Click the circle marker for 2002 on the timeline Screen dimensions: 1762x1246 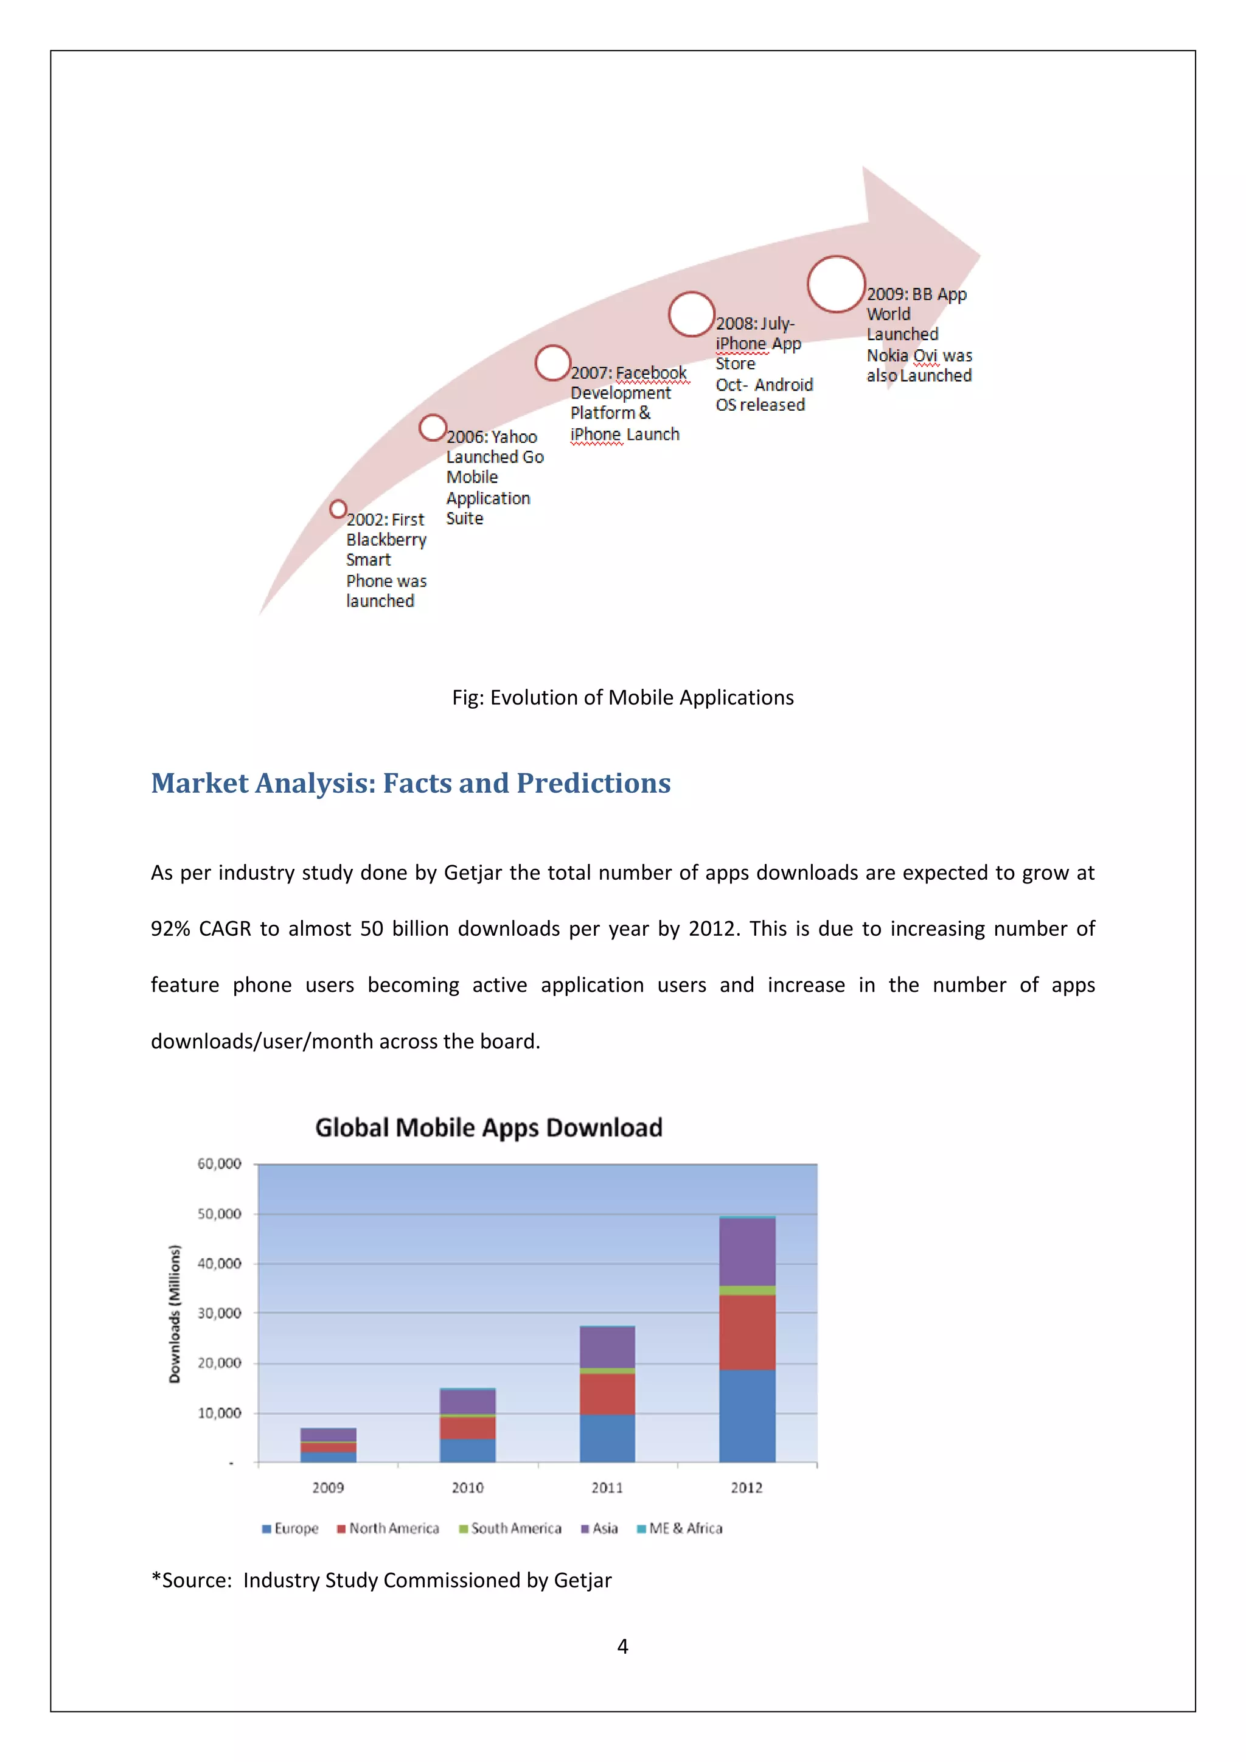[x=338, y=509]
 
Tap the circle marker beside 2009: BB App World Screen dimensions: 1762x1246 [x=837, y=284]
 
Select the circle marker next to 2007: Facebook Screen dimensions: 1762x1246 [x=552, y=363]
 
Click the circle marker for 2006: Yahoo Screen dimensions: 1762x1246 [x=433, y=428]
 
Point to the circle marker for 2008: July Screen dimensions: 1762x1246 [x=691, y=314]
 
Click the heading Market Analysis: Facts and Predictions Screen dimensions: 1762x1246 [x=411, y=783]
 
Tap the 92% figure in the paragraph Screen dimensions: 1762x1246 [x=170, y=928]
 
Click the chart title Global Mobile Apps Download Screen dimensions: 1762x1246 [x=489, y=1127]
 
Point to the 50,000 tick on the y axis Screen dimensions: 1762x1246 [x=220, y=1213]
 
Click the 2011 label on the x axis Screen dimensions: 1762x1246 [x=607, y=1487]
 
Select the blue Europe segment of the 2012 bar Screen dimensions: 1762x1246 [x=747, y=1415]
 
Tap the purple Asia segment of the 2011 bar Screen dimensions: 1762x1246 [x=607, y=1347]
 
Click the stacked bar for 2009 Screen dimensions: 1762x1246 [x=329, y=1444]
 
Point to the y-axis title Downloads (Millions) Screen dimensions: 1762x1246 [x=175, y=1314]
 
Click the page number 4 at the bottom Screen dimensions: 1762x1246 [x=622, y=1646]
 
